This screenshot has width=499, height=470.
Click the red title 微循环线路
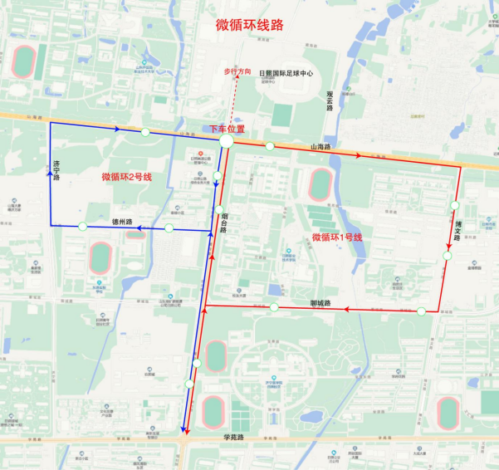click(x=249, y=25)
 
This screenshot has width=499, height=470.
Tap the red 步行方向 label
click(x=237, y=72)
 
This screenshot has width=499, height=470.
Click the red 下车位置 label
click(x=226, y=129)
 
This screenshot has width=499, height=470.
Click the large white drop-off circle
click(x=226, y=143)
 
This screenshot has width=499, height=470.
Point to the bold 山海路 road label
click(x=320, y=147)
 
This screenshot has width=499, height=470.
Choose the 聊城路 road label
click(x=320, y=303)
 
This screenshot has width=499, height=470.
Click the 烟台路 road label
click(x=225, y=223)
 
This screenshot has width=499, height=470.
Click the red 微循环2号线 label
click(x=126, y=176)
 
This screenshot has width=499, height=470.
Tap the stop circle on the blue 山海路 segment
click(x=145, y=132)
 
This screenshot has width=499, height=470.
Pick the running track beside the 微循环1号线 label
click(x=320, y=184)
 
